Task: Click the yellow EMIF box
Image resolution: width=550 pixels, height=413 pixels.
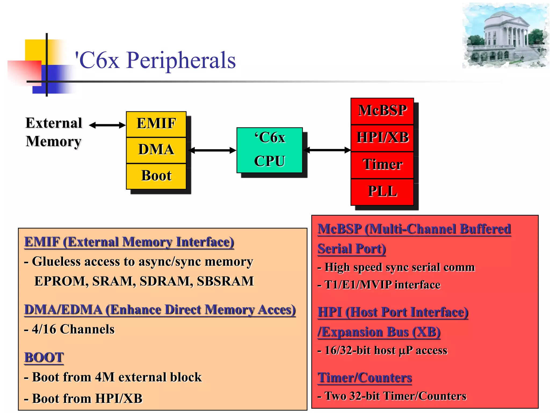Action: [156, 124]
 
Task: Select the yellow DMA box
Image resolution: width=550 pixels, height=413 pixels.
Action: [156, 150]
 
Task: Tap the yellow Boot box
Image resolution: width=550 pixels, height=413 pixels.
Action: [156, 176]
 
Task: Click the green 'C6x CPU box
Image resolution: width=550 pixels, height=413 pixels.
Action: [269, 150]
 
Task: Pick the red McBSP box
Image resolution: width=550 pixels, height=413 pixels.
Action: [382, 111]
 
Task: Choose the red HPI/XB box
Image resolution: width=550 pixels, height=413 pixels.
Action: [382, 138]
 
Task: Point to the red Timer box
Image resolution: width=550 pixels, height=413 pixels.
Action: [382, 165]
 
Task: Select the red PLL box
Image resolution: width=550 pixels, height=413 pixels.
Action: [382, 191]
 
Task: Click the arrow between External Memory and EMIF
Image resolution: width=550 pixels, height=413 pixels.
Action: [107, 125]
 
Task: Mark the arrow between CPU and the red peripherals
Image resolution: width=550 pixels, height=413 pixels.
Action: [327, 150]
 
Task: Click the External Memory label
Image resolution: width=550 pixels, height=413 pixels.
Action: [54, 132]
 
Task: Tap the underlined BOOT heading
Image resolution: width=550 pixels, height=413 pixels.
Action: [44, 358]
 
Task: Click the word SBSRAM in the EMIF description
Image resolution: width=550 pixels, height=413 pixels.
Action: [225, 281]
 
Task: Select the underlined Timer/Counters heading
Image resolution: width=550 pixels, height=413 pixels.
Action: [364, 378]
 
